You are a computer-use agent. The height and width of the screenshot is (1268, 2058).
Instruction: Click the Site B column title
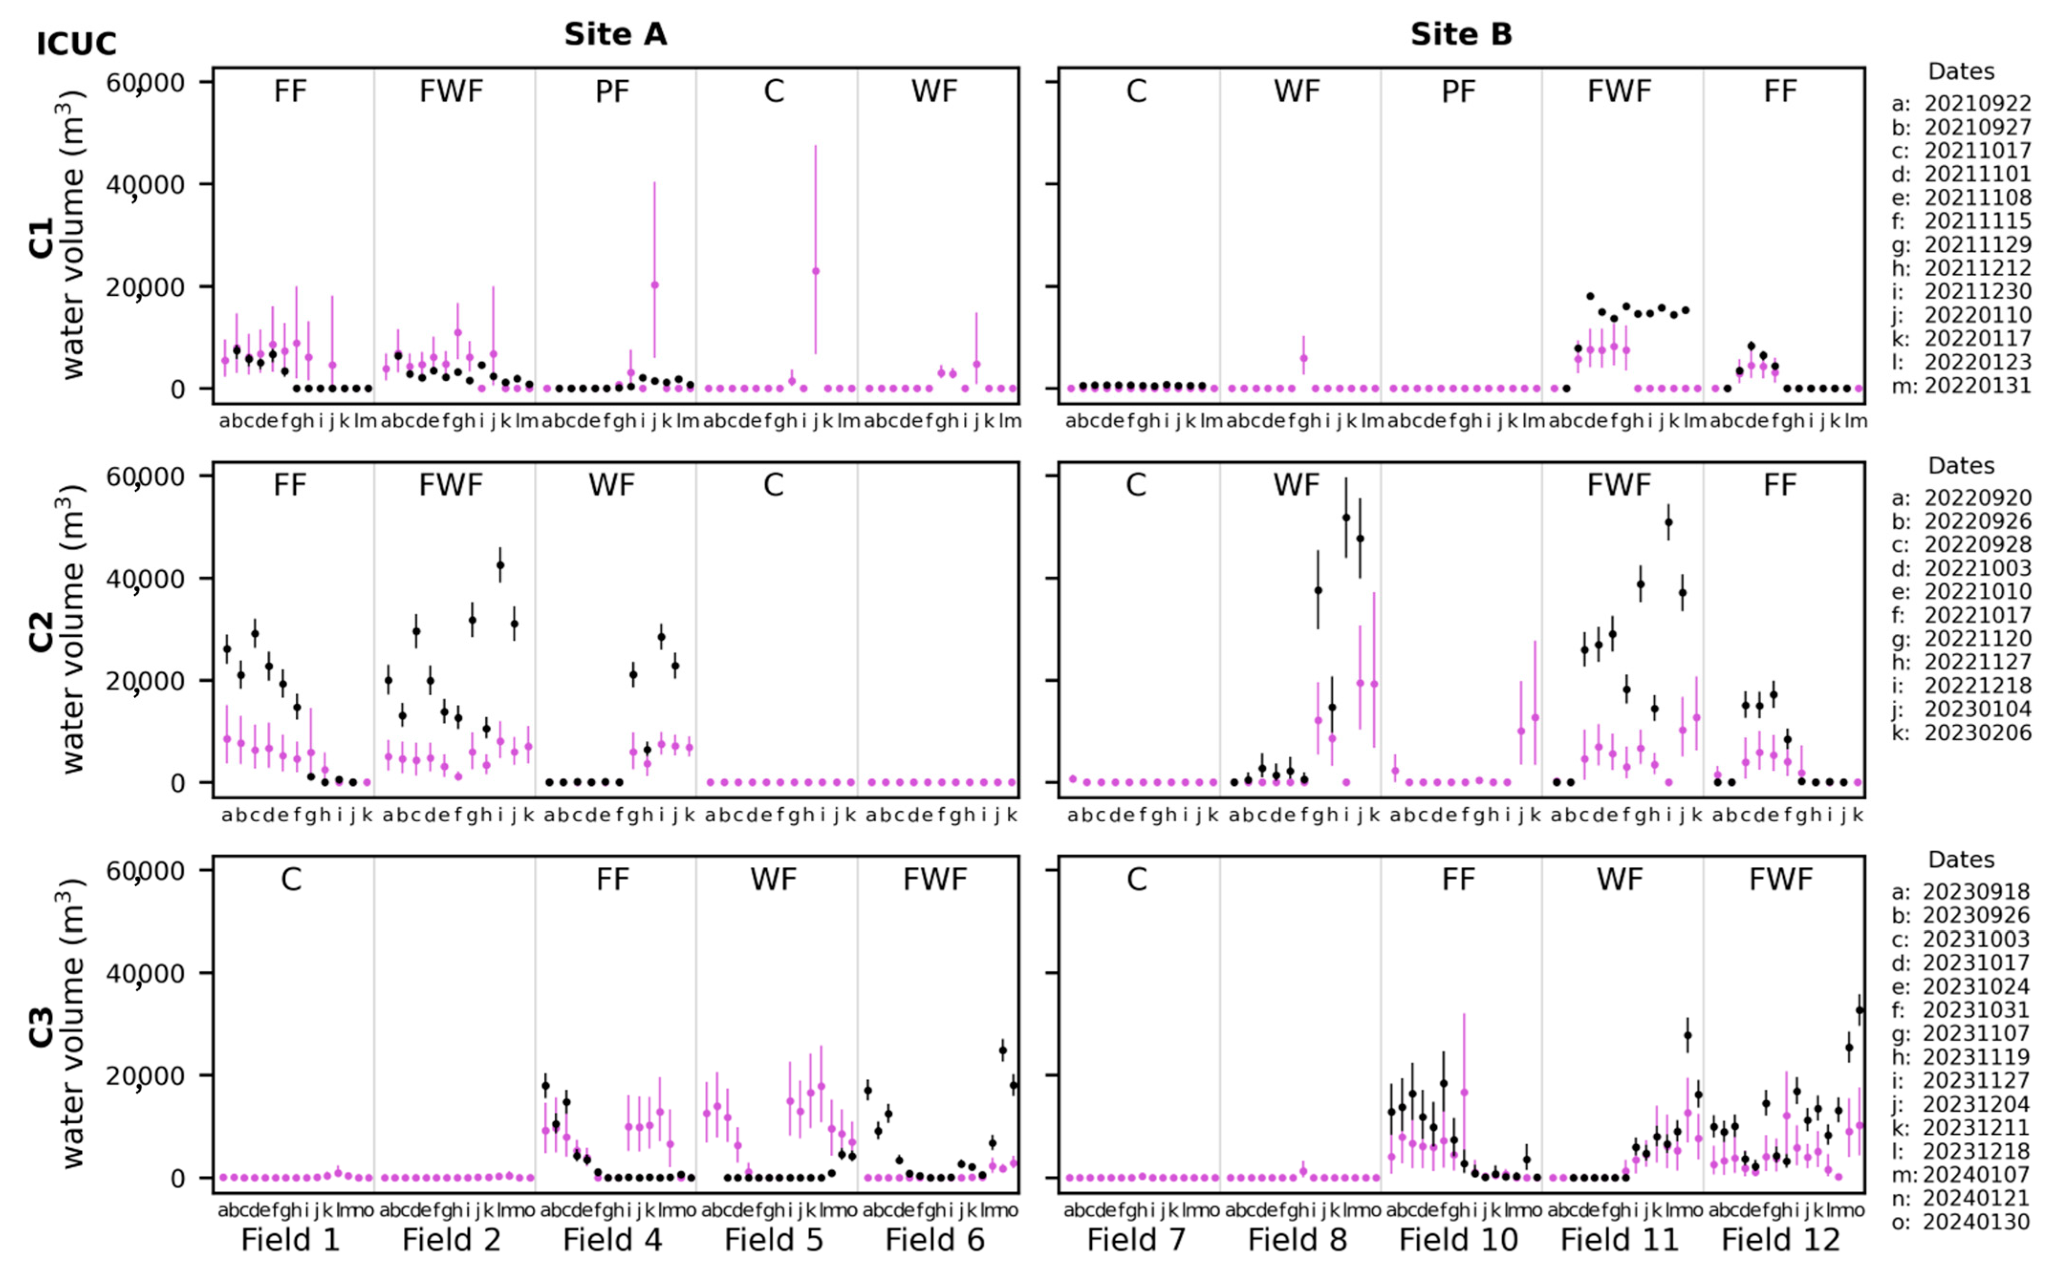tap(1460, 34)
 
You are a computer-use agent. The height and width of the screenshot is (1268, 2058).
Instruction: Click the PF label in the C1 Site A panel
tap(612, 91)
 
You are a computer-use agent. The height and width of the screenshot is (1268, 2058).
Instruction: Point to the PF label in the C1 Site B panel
tap(1458, 91)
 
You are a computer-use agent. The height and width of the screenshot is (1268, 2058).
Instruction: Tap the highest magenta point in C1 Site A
tap(815, 271)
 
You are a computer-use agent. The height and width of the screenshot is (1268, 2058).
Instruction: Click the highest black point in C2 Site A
tap(501, 565)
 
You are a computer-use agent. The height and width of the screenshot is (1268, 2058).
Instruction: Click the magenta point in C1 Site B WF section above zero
tap(1303, 358)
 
